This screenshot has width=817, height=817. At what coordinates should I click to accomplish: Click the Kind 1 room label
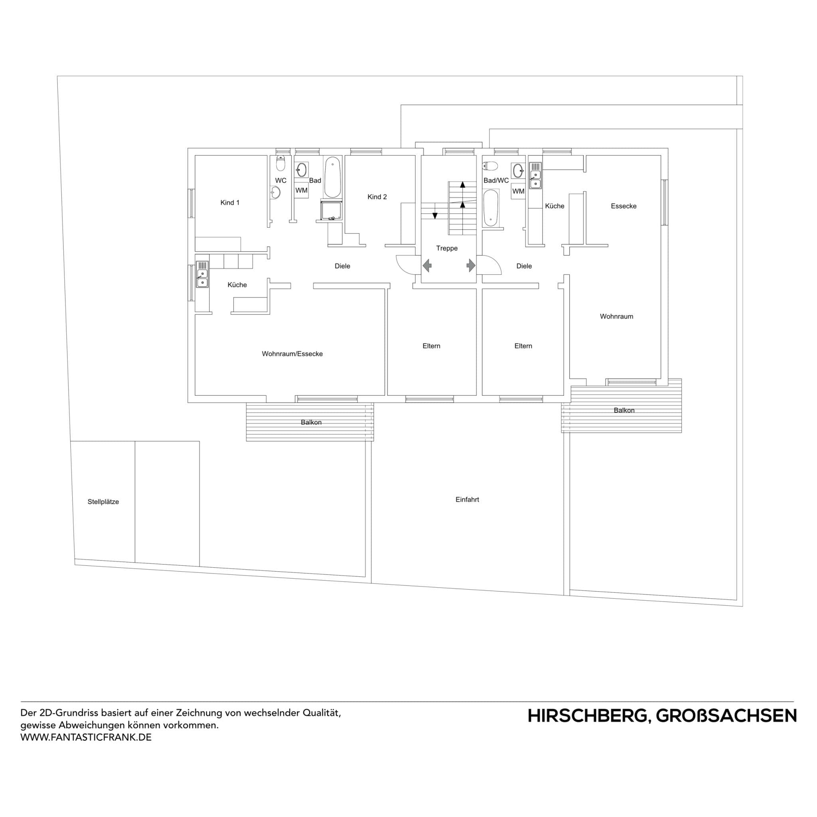pos(230,203)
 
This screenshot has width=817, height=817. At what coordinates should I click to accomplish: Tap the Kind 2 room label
pos(377,197)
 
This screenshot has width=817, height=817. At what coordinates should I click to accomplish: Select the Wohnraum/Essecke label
pos(292,353)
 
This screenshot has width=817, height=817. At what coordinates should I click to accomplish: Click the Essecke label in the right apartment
pos(624,206)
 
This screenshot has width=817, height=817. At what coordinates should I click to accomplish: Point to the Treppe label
pos(446,248)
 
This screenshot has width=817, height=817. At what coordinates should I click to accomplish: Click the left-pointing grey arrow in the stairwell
pos(427,266)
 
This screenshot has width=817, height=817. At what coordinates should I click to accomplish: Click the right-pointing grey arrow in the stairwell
pos(471,266)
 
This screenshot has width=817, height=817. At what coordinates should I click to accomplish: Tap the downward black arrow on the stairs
pos(435,216)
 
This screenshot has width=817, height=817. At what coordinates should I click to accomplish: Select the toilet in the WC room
pos(281,163)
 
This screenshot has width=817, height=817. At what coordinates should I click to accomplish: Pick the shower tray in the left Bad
pos(331,211)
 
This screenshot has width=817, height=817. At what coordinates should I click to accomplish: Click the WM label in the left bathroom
pos(301,190)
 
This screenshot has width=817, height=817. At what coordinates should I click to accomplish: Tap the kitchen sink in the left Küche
pos(203,278)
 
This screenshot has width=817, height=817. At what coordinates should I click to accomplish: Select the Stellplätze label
pos(103,501)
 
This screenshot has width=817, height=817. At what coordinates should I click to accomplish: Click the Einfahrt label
pos(467,499)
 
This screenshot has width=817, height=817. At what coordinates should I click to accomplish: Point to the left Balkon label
pos(311,422)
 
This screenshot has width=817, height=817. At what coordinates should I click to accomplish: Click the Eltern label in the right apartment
pos(523,346)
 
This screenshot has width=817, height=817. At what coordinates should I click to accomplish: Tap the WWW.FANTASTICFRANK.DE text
pos(86,737)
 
